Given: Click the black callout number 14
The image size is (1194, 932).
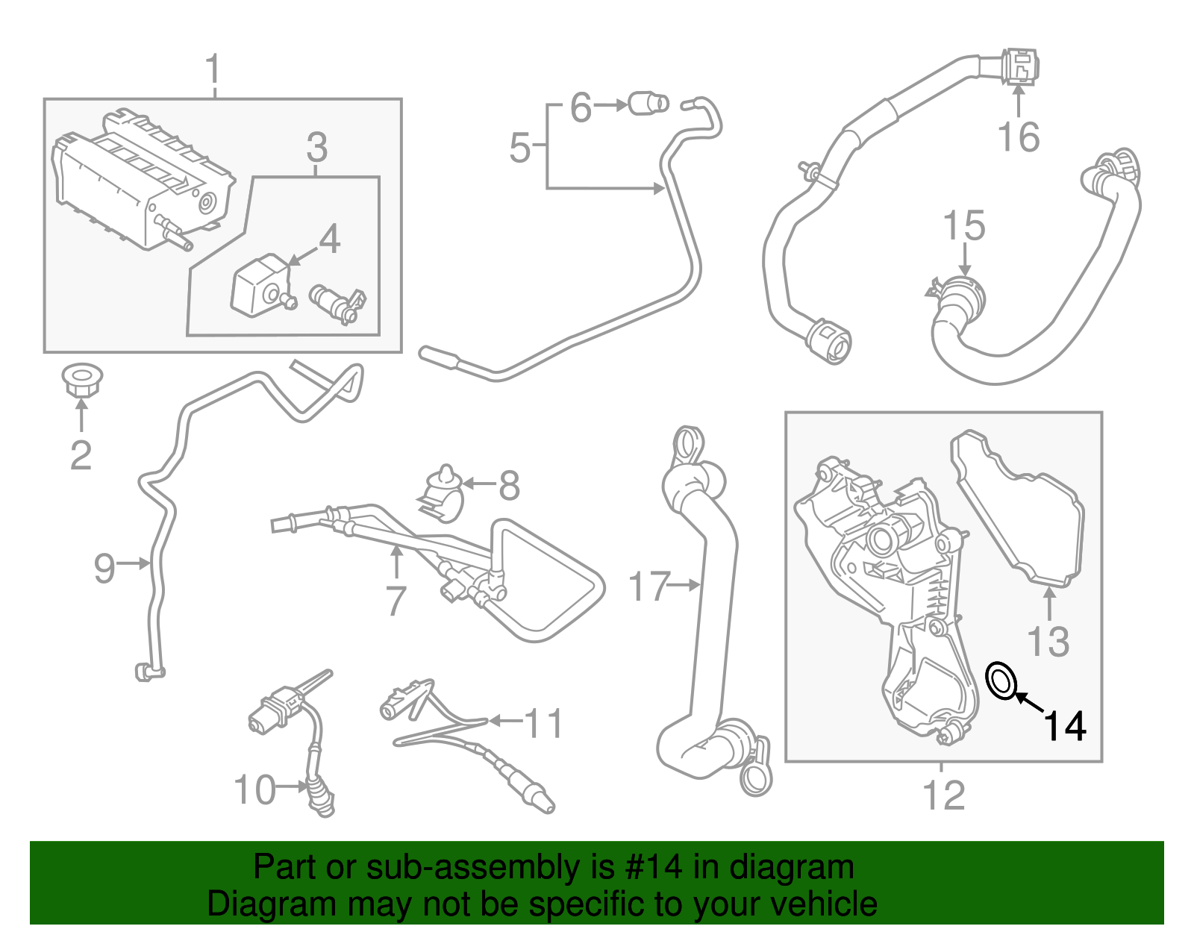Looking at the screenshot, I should pos(1064,726).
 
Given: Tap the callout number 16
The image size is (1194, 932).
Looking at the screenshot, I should pos(1018,137).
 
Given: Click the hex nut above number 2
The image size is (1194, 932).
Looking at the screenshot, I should pos(81,381).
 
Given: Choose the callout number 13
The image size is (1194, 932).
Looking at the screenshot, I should pos(1048,641).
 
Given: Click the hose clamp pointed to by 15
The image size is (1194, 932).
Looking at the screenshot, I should pos(962,293).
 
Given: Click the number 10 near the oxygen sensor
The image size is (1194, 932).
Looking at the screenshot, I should pos(254,789).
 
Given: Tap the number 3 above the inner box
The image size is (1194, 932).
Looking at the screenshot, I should pos(316,147).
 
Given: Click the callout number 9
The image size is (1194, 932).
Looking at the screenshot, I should pos(104,567).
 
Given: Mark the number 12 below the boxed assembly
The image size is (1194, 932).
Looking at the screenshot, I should pos(944,795).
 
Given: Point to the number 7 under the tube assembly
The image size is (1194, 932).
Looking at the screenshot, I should pos(396,601).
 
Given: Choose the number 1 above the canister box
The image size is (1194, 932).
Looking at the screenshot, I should pos(213,69).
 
